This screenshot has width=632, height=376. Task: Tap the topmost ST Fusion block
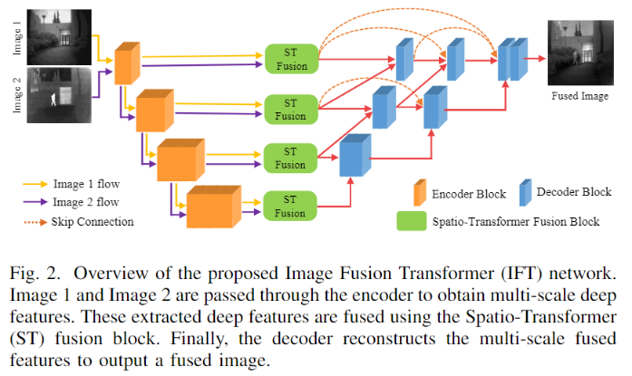pyautogui.click(x=290, y=57)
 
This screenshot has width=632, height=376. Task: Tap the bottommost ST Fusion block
pyautogui.click(x=290, y=205)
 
